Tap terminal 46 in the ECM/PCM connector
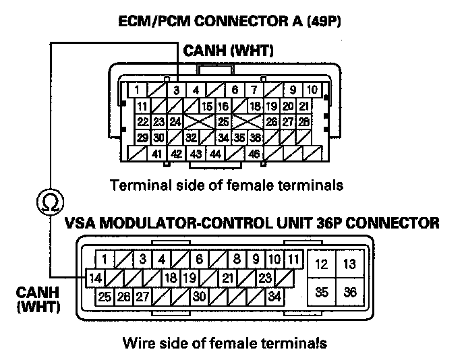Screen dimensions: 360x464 (x=254, y=154)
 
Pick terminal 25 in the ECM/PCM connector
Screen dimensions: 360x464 (x=223, y=122)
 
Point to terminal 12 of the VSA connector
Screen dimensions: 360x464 (x=322, y=264)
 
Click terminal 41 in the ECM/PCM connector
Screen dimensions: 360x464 (x=156, y=154)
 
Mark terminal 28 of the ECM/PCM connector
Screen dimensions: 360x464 (x=304, y=122)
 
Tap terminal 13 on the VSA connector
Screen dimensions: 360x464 (x=350, y=264)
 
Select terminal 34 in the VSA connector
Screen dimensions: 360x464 (x=274, y=295)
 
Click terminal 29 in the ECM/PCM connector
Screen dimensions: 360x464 (x=142, y=138)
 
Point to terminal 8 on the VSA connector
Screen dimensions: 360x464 (x=238, y=260)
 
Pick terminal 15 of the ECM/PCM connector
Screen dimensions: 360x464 (x=206, y=106)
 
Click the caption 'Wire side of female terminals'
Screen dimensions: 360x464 (x=225, y=343)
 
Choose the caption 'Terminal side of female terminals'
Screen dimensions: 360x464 (x=227, y=184)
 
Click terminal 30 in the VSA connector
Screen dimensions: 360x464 (x=200, y=295)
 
